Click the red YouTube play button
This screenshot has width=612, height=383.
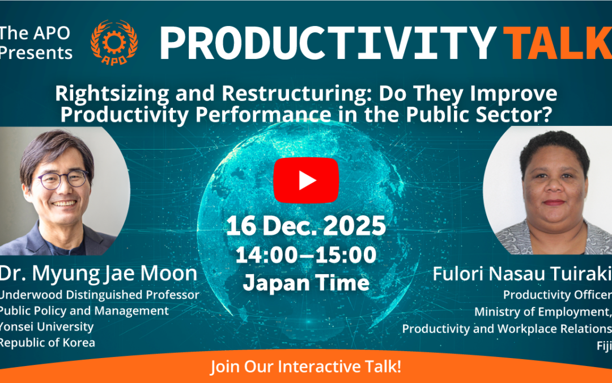coord(306,180)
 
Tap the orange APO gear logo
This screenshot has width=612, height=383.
coord(114,43)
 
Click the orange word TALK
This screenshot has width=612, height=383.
coord(558,43)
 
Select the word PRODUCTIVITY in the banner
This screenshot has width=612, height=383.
coord(328,43)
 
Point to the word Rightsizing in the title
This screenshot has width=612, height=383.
coord(112,94)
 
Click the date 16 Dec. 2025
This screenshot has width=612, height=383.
coord(306,226)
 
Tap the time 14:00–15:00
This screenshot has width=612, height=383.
coord(306,255)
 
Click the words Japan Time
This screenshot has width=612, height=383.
coord(306,283)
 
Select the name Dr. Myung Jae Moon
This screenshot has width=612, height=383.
coord(99,273)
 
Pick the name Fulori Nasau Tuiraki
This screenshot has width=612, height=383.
coord(522,273)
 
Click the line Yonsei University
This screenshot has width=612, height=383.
coord(46,327)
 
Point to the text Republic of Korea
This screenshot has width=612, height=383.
coord(47,343)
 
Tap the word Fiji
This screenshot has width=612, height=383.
coord(604,346)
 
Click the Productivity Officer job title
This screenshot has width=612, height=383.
coord(558,294)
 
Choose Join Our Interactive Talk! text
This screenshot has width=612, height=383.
coord(306,367)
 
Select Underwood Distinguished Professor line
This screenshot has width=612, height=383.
coord(100,294)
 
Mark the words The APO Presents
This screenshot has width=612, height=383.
coord(36,43)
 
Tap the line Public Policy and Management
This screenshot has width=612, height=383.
coord(84,311)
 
